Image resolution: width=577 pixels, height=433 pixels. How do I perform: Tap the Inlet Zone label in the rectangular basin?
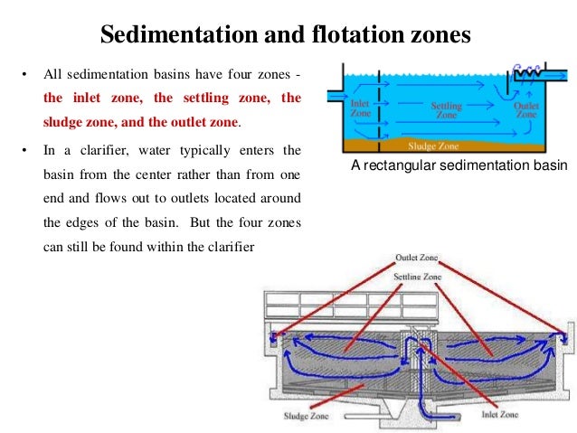[360, 108]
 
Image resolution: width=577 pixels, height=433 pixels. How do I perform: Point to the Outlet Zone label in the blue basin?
[526, 110]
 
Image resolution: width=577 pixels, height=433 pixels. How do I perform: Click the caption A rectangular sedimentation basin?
[459, 165]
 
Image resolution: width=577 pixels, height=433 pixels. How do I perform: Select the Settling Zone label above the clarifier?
[419, 275]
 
